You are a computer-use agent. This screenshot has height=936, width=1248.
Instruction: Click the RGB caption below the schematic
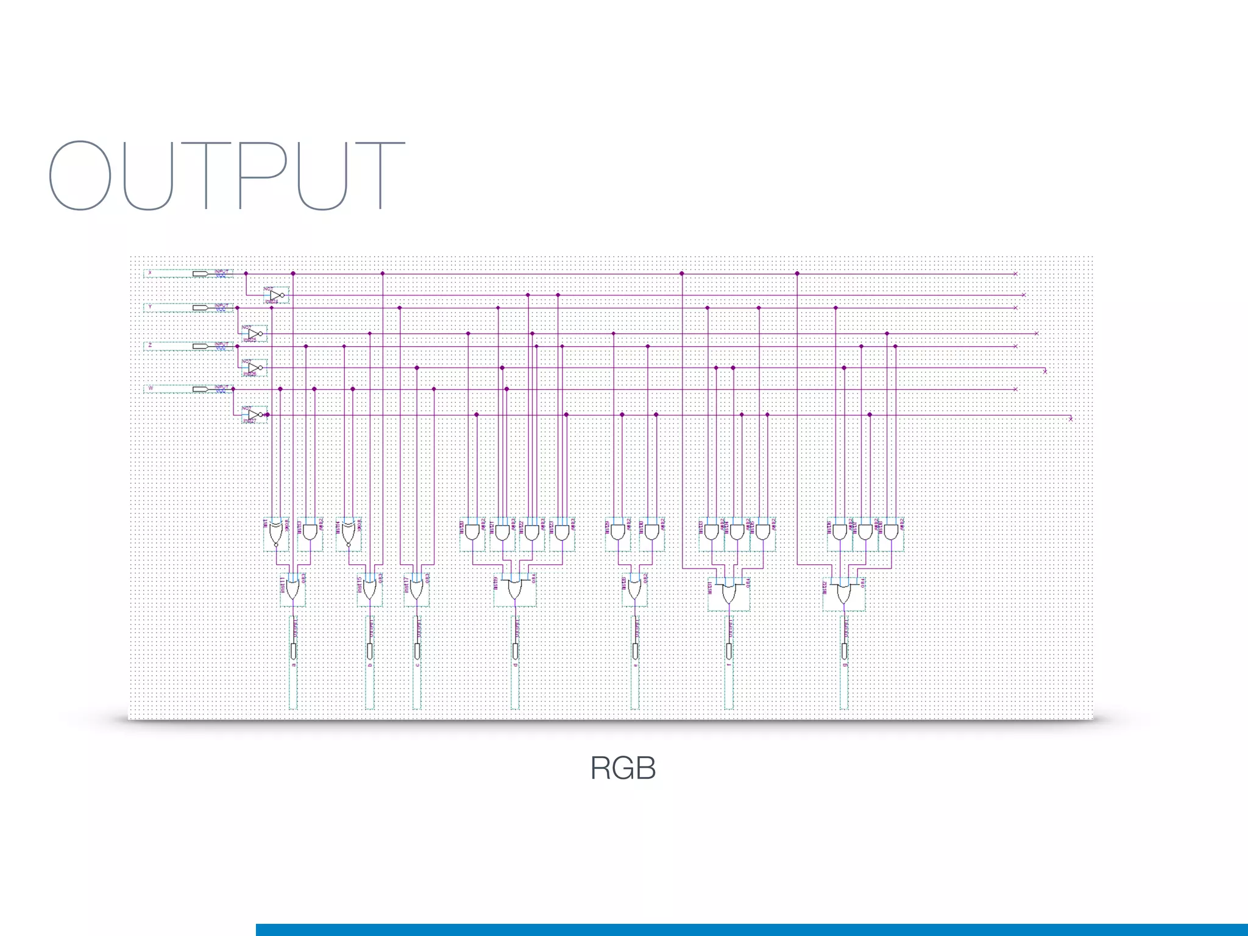tap(623, 768)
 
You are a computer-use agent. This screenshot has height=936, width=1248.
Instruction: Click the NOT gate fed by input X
tap(276, 296)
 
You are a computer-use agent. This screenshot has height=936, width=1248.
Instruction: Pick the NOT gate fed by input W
tap(255, 414)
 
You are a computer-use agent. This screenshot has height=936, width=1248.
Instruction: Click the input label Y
tap(150, 307)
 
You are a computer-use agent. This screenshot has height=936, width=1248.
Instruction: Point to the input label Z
tap(150, 346)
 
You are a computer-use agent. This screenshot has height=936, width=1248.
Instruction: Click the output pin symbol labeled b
tap(370, 651)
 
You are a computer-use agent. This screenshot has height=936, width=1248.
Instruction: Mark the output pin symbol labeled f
tap(729, 651)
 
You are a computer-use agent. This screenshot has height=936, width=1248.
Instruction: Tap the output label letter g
tap(845, 665)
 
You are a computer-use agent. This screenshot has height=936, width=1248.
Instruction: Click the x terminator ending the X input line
tap(1015, 274)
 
